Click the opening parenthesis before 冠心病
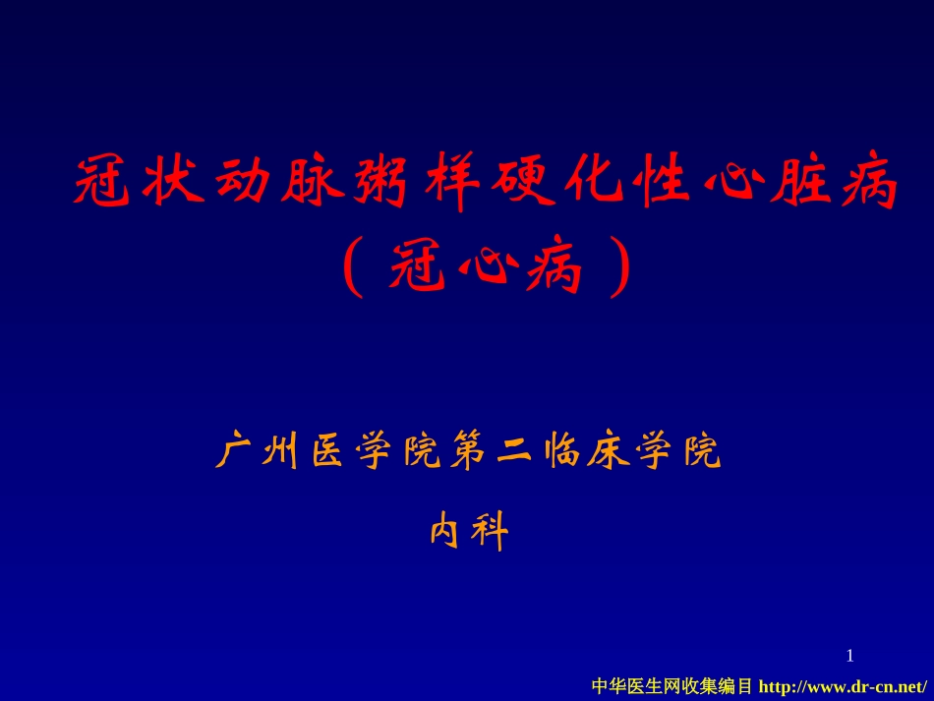point(351,268)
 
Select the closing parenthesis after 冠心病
point(617,268)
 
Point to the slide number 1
point(850,656)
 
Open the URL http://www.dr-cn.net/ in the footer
point(844,685)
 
